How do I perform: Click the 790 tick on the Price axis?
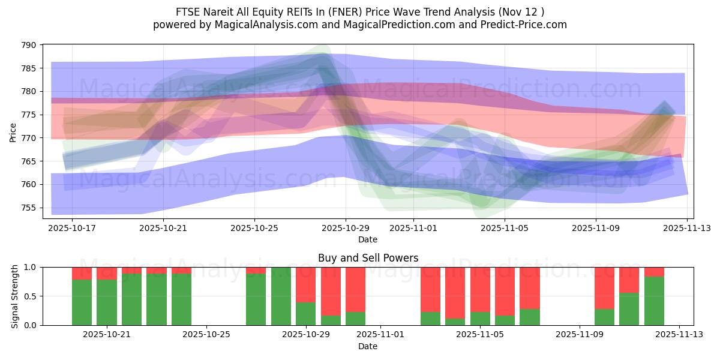point(28,45)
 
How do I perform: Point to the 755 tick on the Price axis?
point(28,208)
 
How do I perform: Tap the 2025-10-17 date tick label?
point(71,228)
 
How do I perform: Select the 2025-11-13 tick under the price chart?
point(687,228)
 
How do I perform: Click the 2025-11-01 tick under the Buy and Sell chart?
point(381,335)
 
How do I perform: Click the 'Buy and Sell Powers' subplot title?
point(368,259)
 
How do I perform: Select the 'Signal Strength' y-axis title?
point(15,296)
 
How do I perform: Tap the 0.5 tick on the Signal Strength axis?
point(30,296)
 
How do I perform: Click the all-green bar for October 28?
point(281,296)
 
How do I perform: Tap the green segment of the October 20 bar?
point(82,302)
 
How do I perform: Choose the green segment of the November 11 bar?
point(629,309)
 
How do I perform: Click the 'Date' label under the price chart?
point(368,239)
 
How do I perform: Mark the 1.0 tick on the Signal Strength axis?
point(30,267)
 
